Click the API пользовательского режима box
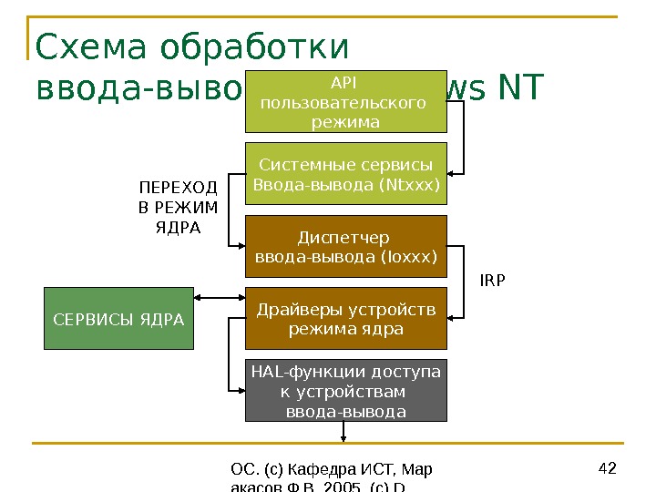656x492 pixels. tap(346, 99)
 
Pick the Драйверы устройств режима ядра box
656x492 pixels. tap(346, 318)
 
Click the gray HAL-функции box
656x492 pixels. tap(346, 390)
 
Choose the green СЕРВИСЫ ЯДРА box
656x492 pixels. tap(118, 319)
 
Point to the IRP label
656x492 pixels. tap(492, 282)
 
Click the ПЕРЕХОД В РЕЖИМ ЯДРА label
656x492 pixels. tap(179, 207)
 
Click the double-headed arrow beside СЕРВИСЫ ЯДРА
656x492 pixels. tap(220, 298)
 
